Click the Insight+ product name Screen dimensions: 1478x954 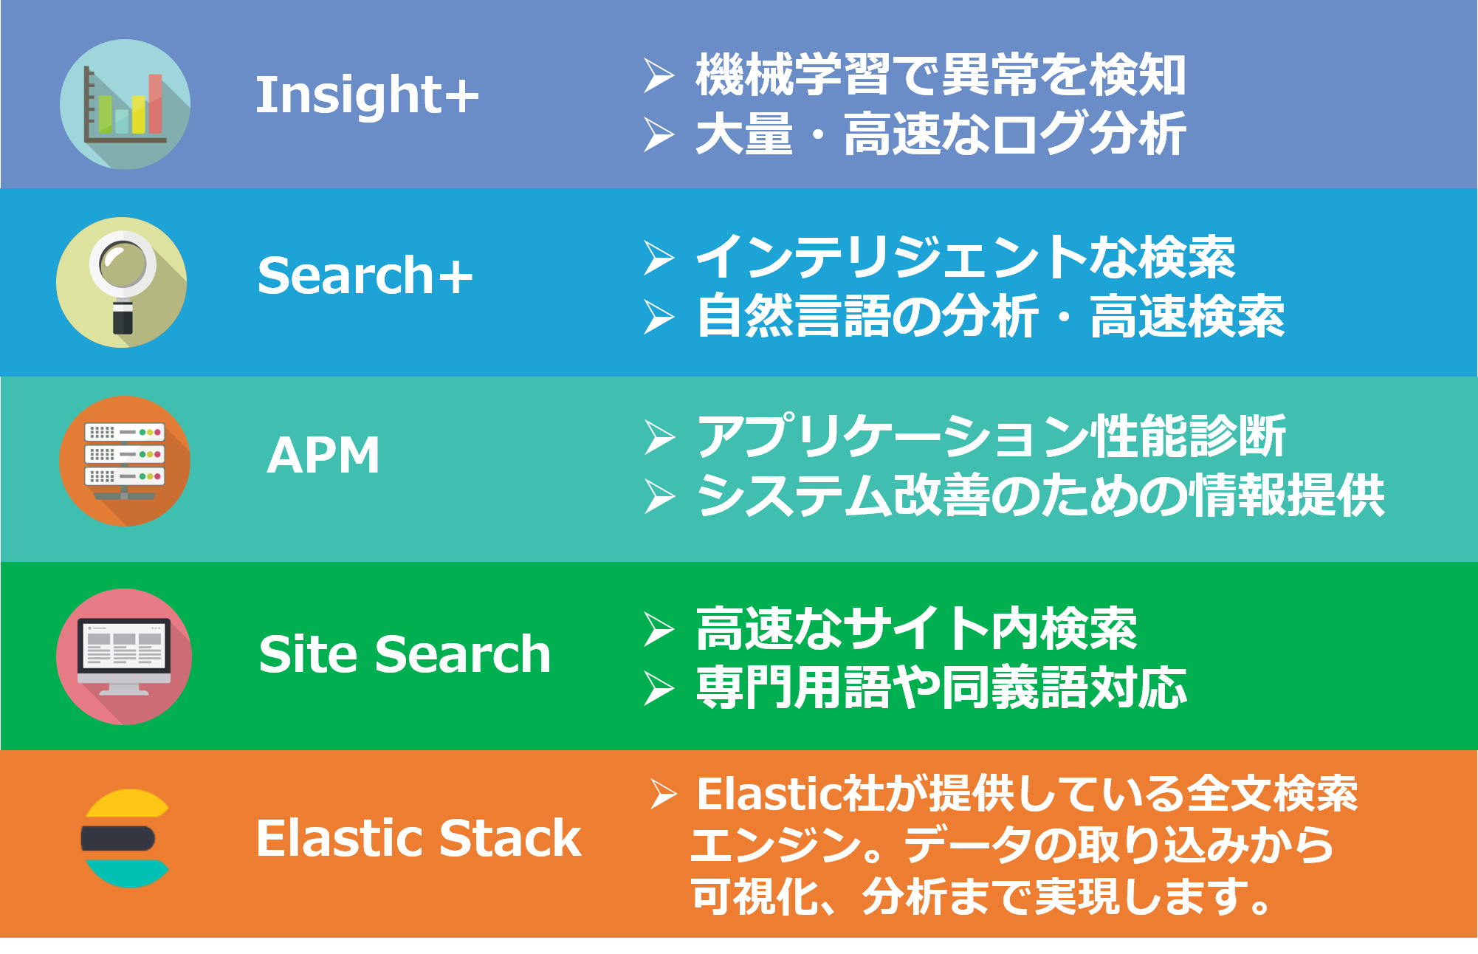click(367, 95)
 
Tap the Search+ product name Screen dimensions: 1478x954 click(365, 275)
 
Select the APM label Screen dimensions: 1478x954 click(323, 454)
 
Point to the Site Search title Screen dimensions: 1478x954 click(405, 654)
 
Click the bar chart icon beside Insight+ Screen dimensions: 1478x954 click(125, 104)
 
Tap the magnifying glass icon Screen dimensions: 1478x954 click(122, 282)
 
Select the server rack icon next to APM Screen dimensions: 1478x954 click(125, 461)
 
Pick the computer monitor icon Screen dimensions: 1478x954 click(124, 656)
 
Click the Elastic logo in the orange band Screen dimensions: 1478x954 click(126, 838)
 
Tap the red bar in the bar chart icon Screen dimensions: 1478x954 click(155, 103)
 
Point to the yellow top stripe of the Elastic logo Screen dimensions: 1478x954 click(128, 803)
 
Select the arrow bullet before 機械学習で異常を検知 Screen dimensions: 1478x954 click(659, 75)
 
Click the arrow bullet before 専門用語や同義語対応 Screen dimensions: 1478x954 click(659, 688)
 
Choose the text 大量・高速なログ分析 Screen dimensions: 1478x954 click(941, 134)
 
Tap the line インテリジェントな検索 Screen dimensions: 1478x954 click(966, 257)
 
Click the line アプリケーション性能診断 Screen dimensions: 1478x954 click(991, 436)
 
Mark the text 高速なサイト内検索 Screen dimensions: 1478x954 click(916, 629)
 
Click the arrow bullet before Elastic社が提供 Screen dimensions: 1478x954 click(664, 795)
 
